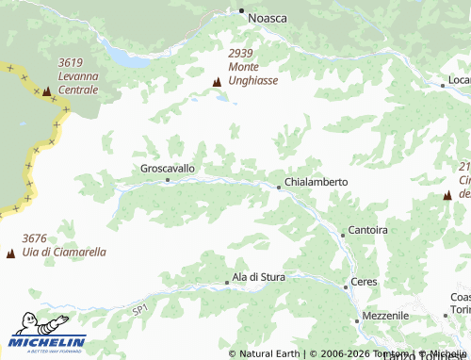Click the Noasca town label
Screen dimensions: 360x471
(x=267, y=18)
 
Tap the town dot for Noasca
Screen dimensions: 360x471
(x=241, y=11)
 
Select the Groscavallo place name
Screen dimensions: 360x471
(x=167, y=168)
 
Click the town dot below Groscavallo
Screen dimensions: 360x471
(x=168, y=179)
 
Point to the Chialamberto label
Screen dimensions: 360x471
(x=317, y=182)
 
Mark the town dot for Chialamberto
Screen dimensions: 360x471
(x=279, y=187)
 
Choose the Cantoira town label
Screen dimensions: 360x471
(x=368, y=230)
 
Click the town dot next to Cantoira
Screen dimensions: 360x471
(x=343, y=235)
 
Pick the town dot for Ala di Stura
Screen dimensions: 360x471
(x=227, y=282)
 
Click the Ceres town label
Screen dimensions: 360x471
(x=364, y=282)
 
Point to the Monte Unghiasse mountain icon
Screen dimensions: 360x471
(x=218, y=82)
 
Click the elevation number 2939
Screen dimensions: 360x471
(x=240, y=53)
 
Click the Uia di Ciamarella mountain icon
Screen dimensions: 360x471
(x=11, y=254)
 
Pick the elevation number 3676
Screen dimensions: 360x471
(x=35, y=238)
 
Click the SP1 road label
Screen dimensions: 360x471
(x=139, y=309)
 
